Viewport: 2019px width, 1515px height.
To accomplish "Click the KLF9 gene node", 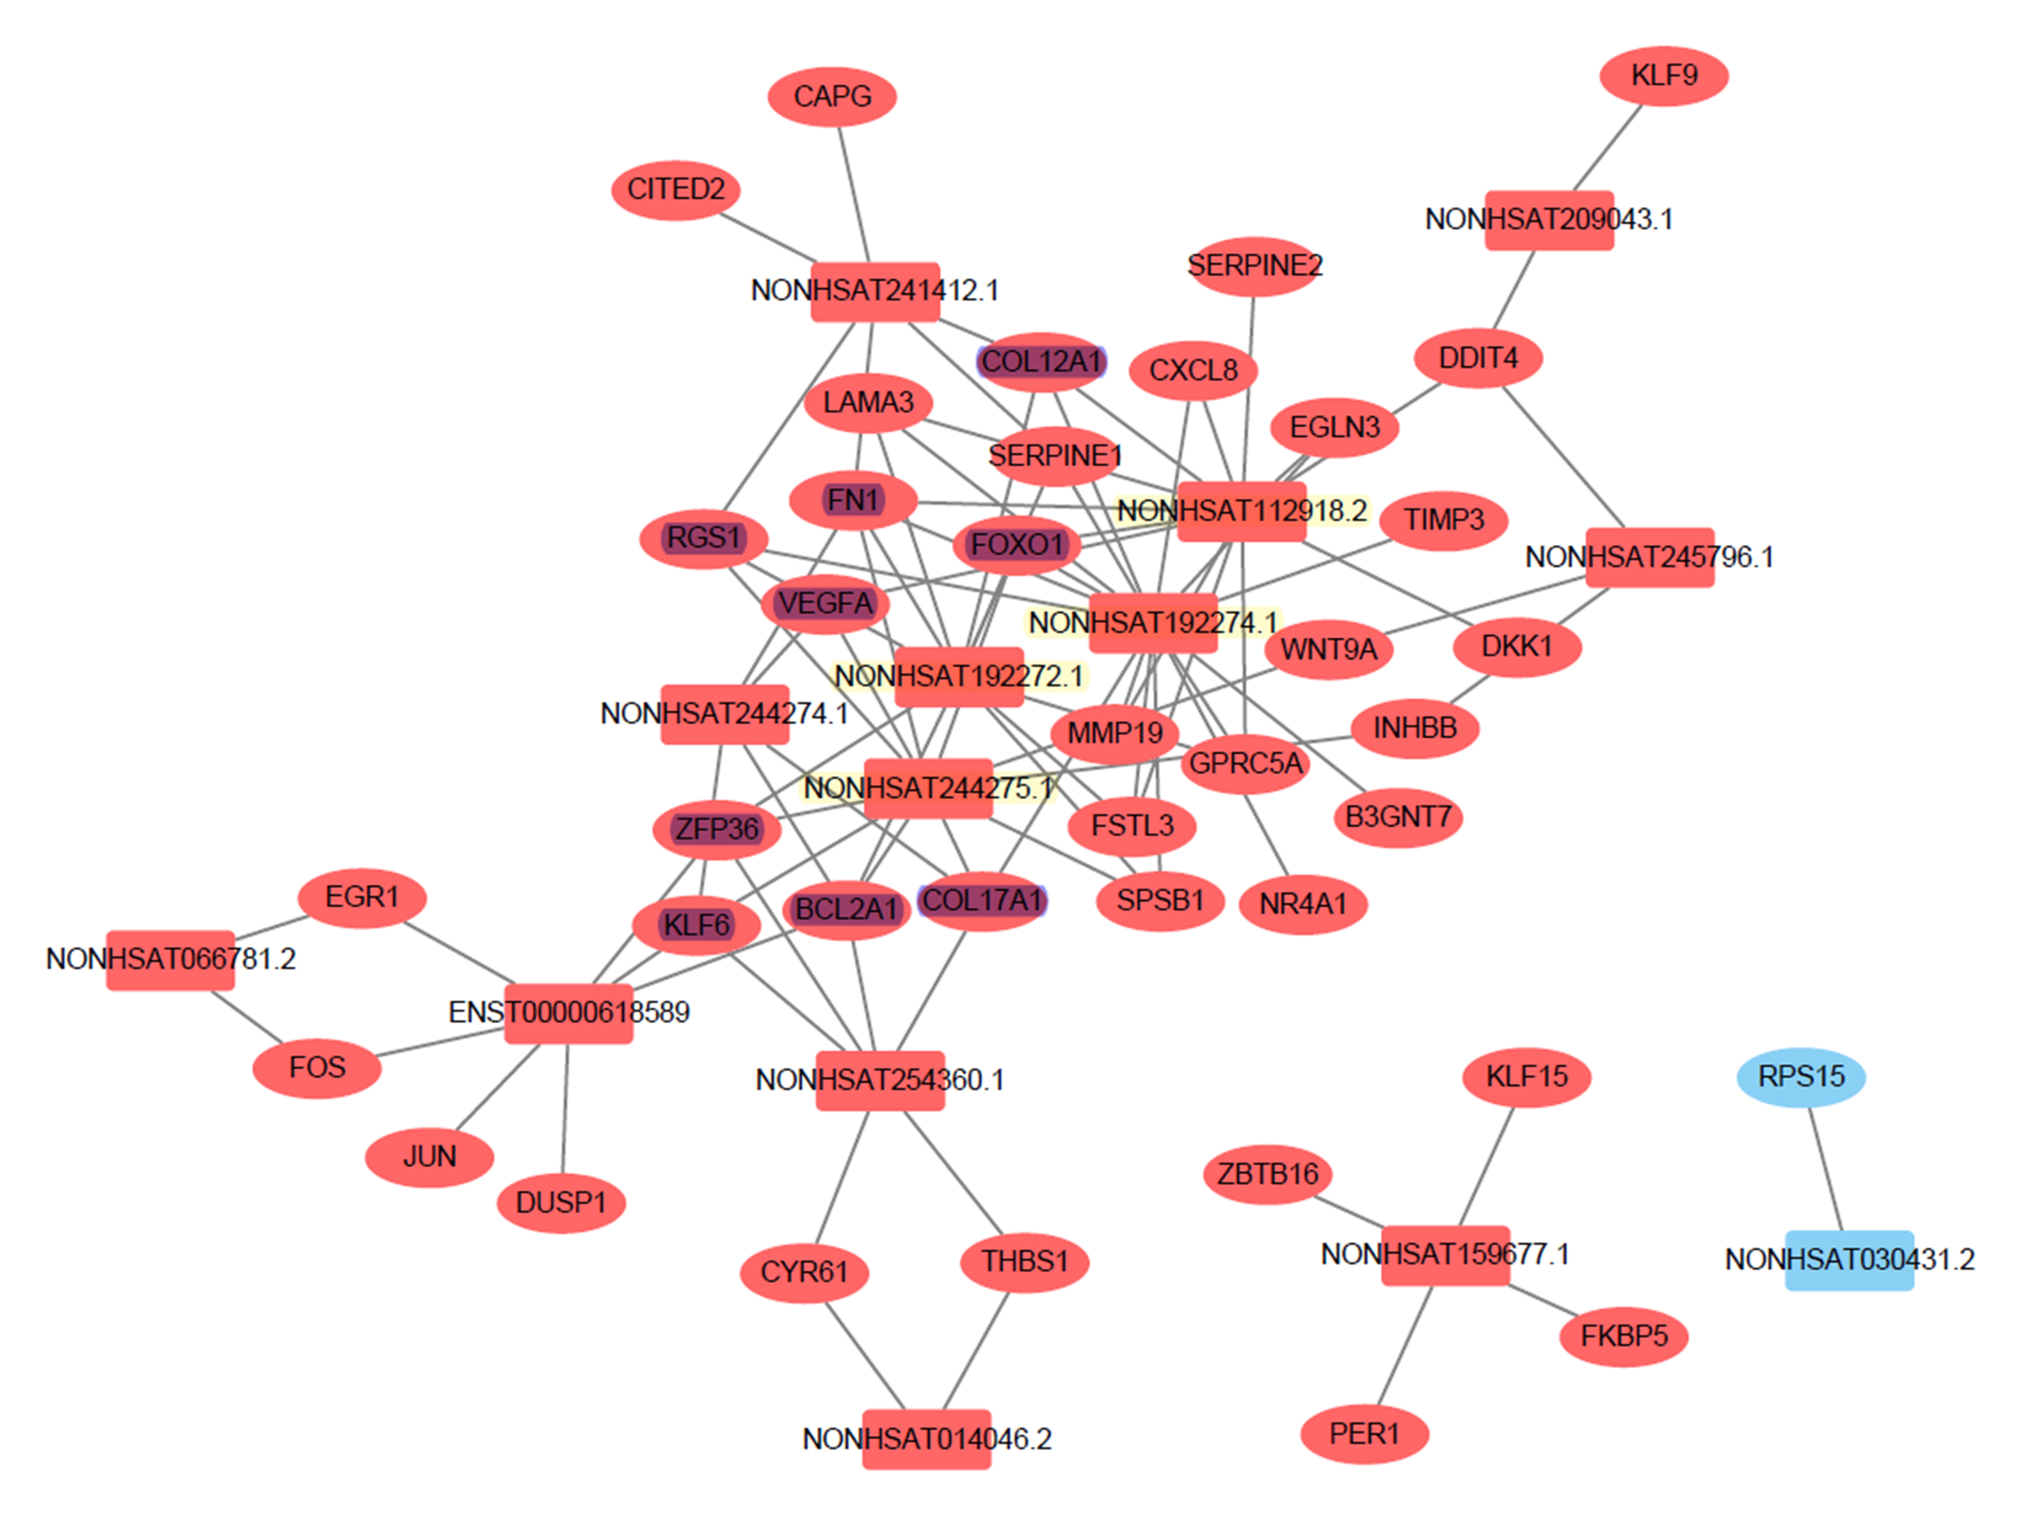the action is coord(1664,76).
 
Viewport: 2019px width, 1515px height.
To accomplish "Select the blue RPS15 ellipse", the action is coord(1801,1077).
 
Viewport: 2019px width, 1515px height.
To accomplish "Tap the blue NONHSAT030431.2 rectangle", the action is coord(1849,1260).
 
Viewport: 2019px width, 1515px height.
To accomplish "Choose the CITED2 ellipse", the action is coord(675,190).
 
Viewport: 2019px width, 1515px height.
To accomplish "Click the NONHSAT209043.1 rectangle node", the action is coord(1549,220).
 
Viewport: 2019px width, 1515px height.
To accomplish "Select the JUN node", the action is coord(429,1157).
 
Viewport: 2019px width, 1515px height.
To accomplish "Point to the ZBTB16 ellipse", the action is coord(1268,1174).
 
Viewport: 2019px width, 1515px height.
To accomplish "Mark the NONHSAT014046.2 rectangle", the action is coord(926,1439).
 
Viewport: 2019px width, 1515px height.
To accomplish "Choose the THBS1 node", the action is coord(1024,1262).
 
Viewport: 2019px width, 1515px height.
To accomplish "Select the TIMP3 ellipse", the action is coord(1443,520).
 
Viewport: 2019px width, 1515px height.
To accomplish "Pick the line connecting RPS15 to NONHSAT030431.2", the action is coord(1825,1169).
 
